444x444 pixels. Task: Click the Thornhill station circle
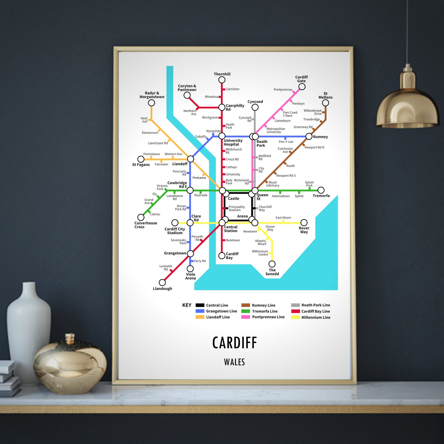(x=222, y=80)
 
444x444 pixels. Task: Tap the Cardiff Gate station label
(x=301, y=79)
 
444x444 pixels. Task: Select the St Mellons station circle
(x=325, y=103)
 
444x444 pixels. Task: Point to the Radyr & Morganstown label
(x=152, y=95)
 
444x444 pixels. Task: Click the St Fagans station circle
(x=141, y=159)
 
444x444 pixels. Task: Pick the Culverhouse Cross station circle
(x=141, y=217)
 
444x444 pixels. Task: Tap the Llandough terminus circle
(x=162, y=282)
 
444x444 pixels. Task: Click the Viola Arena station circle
(x=190, y=269)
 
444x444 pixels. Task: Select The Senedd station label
(x=272, y=272)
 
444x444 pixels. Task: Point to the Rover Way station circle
(x=304, y=223)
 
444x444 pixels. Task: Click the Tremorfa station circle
(x=321, y=190)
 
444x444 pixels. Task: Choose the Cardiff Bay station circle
(x=222, y=256)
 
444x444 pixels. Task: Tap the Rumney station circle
(x=309, y=136)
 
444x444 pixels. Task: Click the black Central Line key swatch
(x=200, y=305)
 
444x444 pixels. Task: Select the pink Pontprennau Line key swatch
(x=245, y=317)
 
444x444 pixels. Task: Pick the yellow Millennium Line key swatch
(x=296, y=317)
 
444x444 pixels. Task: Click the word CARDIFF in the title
(x=234, y=343)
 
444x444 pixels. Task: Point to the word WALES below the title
(x=234, y=362)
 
